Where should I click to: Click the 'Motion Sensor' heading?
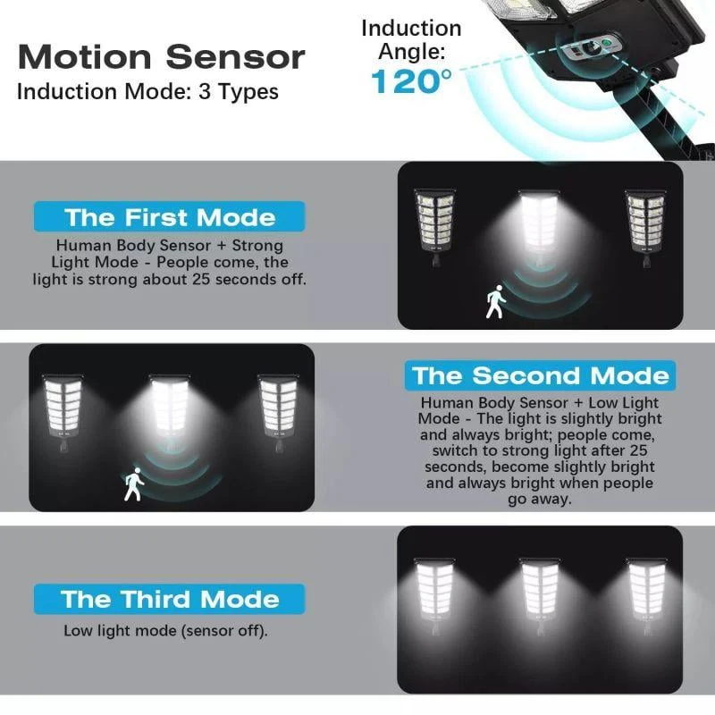click(162, 57)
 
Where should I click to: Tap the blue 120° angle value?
click(411, 81)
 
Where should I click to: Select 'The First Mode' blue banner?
click(169, 216)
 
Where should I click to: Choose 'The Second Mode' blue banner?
click(540, 375)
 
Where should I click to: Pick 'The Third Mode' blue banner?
click(169, 599)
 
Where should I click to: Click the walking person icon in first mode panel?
click(496, 301)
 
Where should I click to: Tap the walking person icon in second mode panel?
click(133, 484)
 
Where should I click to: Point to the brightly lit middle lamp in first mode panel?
click(540, 227)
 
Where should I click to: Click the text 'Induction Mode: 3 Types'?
click(147, 92)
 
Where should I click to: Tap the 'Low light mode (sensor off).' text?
click(165, 631)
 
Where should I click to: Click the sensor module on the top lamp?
click(592, 46)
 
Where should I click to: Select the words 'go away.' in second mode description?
click(540, 500)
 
